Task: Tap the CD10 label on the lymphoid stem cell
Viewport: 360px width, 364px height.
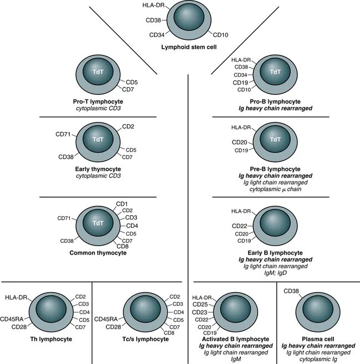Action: click(222, 35)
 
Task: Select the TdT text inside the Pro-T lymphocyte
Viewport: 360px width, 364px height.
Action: click(97, 72)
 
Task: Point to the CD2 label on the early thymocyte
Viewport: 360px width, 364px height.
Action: click(128, 127)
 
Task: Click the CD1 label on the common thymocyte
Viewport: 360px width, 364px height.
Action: click(122, 204)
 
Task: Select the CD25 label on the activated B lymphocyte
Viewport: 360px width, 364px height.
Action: click(200, 305)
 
